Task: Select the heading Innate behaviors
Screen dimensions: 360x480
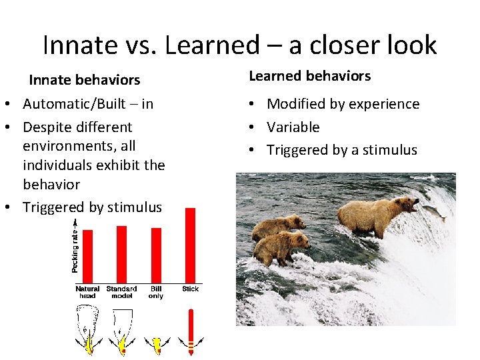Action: [84, 80]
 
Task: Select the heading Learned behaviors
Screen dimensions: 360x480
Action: [309, 76]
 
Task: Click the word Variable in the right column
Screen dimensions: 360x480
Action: [293, 127]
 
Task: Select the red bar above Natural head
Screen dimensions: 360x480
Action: [87, 256]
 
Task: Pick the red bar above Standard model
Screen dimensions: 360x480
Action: [121, 254]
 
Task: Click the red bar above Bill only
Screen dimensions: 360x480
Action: [156, 255]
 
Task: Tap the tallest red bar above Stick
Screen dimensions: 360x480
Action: [190, 245]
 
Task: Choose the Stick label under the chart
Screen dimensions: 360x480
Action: [191, 289]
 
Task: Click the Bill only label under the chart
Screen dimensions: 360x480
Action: [156, 292]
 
